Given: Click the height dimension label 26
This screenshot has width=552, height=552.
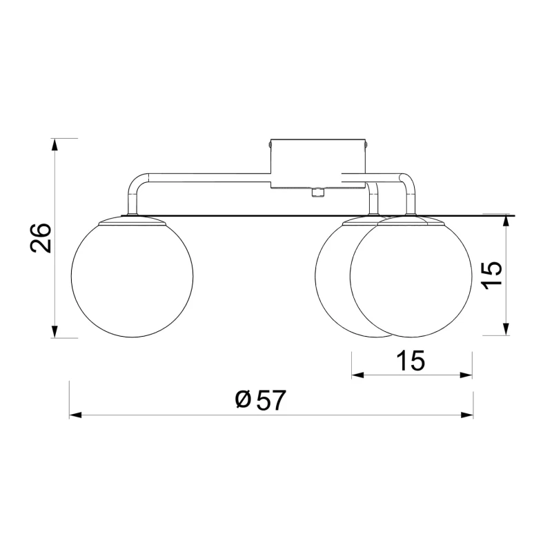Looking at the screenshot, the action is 41,237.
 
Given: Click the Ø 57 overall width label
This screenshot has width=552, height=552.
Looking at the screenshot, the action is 260,400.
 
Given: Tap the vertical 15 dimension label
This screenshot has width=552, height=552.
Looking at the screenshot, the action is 492,275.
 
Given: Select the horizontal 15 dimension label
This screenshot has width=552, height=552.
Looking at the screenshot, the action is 411,360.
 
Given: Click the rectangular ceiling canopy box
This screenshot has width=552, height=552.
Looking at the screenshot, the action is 318,164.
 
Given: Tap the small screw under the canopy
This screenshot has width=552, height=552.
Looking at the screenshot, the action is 318,193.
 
